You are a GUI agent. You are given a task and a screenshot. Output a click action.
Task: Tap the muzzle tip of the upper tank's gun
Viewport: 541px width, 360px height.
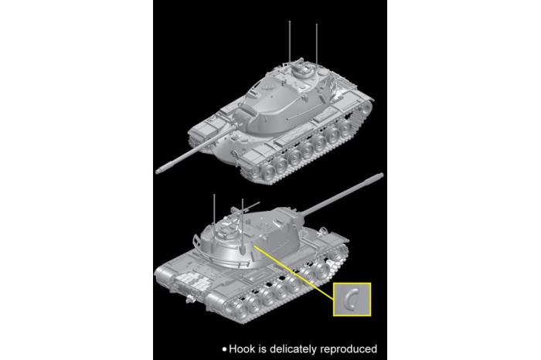pyautogui.click(x=159, y=168)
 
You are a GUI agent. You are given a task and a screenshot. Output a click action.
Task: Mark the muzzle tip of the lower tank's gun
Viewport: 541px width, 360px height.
pyautogui.click(x=380, y=178)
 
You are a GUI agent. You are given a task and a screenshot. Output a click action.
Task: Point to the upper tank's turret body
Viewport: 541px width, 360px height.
pyautogui.click(x=274, y=100)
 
